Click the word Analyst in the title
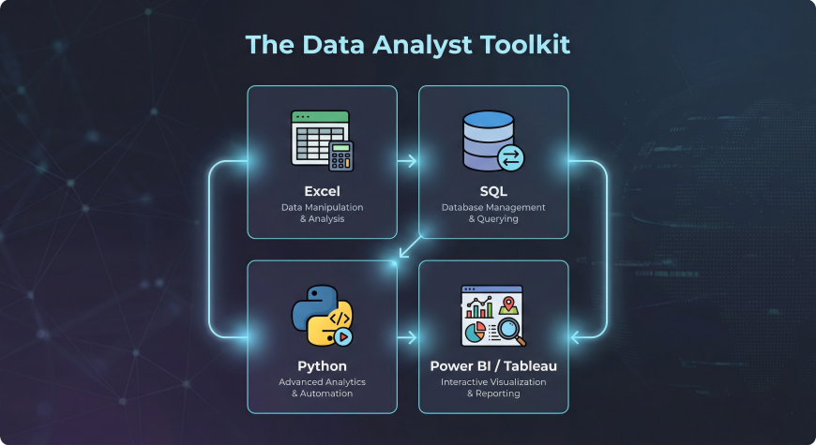pos(413,45)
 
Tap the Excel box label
pos(322,190)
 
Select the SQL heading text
pos(493,190)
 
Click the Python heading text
pos(322,365)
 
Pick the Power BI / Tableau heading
pos(493,365)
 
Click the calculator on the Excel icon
pos(340,156)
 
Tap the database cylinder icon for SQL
pos(487,141)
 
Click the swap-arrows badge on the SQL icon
pos(512,158)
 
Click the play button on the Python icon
pos(342,334)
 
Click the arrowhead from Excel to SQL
pos(411,161)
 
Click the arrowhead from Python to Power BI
pos(411,336)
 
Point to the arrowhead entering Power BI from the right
pos(575,336)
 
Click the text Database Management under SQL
pos(493,207)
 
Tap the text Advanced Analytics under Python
pos(322,382)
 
